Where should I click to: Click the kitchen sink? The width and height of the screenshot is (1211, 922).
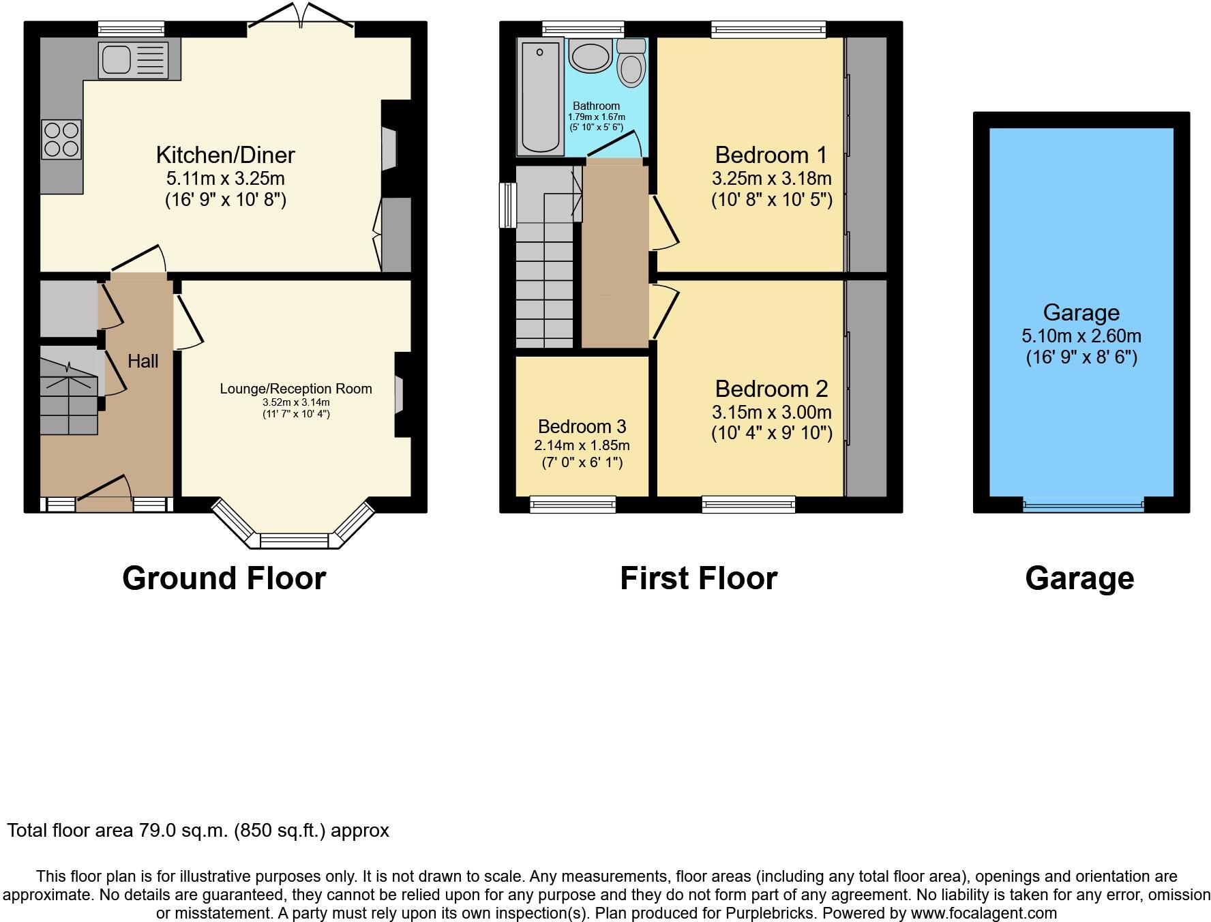[133, 59]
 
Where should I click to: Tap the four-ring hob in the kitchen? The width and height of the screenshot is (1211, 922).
[61, 139]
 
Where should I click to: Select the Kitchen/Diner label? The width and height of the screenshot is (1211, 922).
[225, 155]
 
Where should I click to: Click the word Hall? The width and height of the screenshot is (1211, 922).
[143, 361]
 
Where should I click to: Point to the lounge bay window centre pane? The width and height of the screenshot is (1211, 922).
[295, 541]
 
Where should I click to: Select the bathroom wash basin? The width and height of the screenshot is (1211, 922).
[590, 57]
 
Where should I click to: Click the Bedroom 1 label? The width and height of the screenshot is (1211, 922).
[771, 155]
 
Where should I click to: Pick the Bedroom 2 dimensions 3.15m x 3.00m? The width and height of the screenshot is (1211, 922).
[771, 413]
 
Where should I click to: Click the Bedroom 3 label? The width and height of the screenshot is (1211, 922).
[582, 427]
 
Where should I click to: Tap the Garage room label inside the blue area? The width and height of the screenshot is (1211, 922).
[1081, 313]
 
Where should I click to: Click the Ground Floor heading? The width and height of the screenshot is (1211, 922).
[224, 578]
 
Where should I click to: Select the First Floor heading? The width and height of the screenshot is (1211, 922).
[698, 578]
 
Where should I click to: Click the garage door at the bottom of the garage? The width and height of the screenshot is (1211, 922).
[1083, 506]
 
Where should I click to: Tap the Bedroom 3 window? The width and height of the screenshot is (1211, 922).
[573, 505]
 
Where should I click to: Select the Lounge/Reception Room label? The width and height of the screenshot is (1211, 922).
[296, 389]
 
